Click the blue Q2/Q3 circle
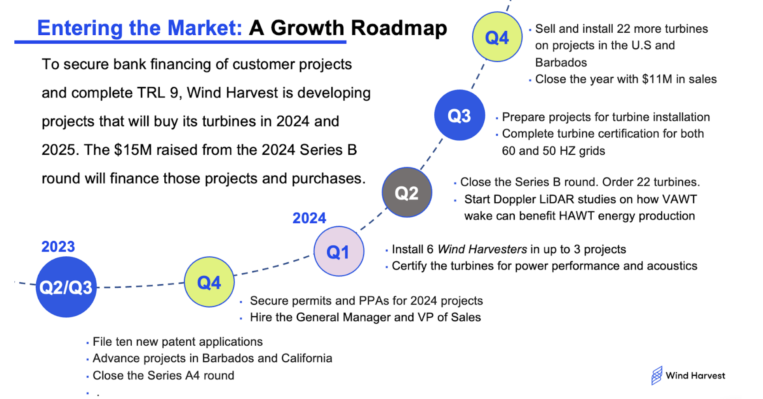66,287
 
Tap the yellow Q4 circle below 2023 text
209,282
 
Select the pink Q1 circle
339,251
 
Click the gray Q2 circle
407,192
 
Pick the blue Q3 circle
460,115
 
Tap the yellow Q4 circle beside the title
497,37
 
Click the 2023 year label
58,247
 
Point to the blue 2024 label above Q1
309,218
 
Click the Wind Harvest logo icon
657,375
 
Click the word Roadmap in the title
399,28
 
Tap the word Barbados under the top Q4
561,63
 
